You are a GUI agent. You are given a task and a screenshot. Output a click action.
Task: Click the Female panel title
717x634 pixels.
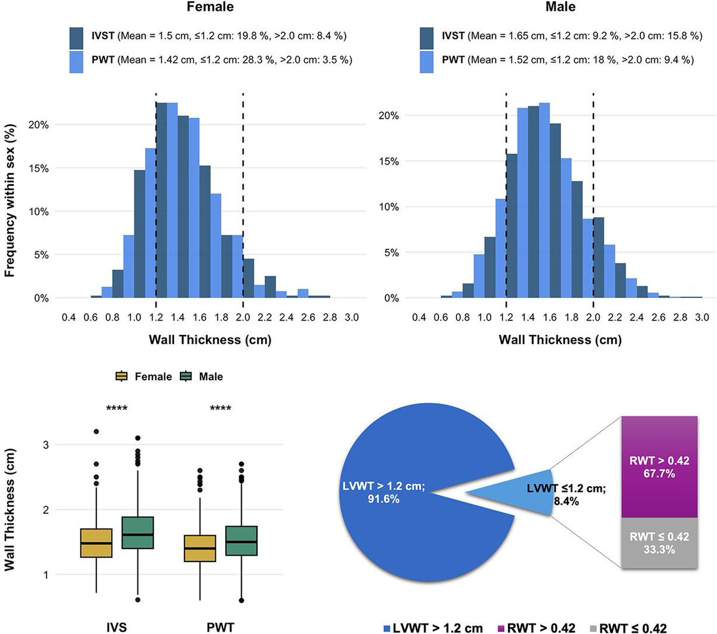tap(210, 7)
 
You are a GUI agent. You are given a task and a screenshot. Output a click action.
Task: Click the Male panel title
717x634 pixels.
tap(560, 7)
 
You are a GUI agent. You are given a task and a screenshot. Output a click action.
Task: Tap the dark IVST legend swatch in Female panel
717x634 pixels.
tap(76, 36)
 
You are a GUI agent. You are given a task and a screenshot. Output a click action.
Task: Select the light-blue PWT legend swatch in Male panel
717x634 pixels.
tap(427, 60)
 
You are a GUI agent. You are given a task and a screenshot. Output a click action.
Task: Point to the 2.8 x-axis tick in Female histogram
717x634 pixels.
tap(330, 317)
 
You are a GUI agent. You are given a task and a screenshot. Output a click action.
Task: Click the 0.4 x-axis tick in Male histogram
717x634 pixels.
tap(419, 317)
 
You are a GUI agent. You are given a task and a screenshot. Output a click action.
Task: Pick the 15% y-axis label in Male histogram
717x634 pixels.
tap(389, 161)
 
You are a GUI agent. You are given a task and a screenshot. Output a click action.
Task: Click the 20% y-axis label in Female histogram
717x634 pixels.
tap(39, 125)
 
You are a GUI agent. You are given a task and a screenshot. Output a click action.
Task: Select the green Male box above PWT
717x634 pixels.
tap(241, 541)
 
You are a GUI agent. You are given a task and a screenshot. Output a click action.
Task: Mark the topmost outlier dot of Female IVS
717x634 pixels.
tap(96, 431)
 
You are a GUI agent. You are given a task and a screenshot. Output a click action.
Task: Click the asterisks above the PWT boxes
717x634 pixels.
tap(220, 409)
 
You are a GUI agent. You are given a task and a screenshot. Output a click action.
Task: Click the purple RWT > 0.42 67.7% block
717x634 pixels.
tap(659, 467)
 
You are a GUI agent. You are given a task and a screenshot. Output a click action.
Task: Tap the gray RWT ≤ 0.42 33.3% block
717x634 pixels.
tap(659, 543)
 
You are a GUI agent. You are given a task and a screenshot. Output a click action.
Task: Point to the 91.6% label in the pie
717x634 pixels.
tap(383, 499)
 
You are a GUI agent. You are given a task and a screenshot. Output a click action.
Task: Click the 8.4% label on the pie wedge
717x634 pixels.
tap(566, 501)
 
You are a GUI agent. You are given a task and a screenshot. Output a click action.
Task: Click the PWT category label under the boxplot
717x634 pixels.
tap(220, 627)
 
